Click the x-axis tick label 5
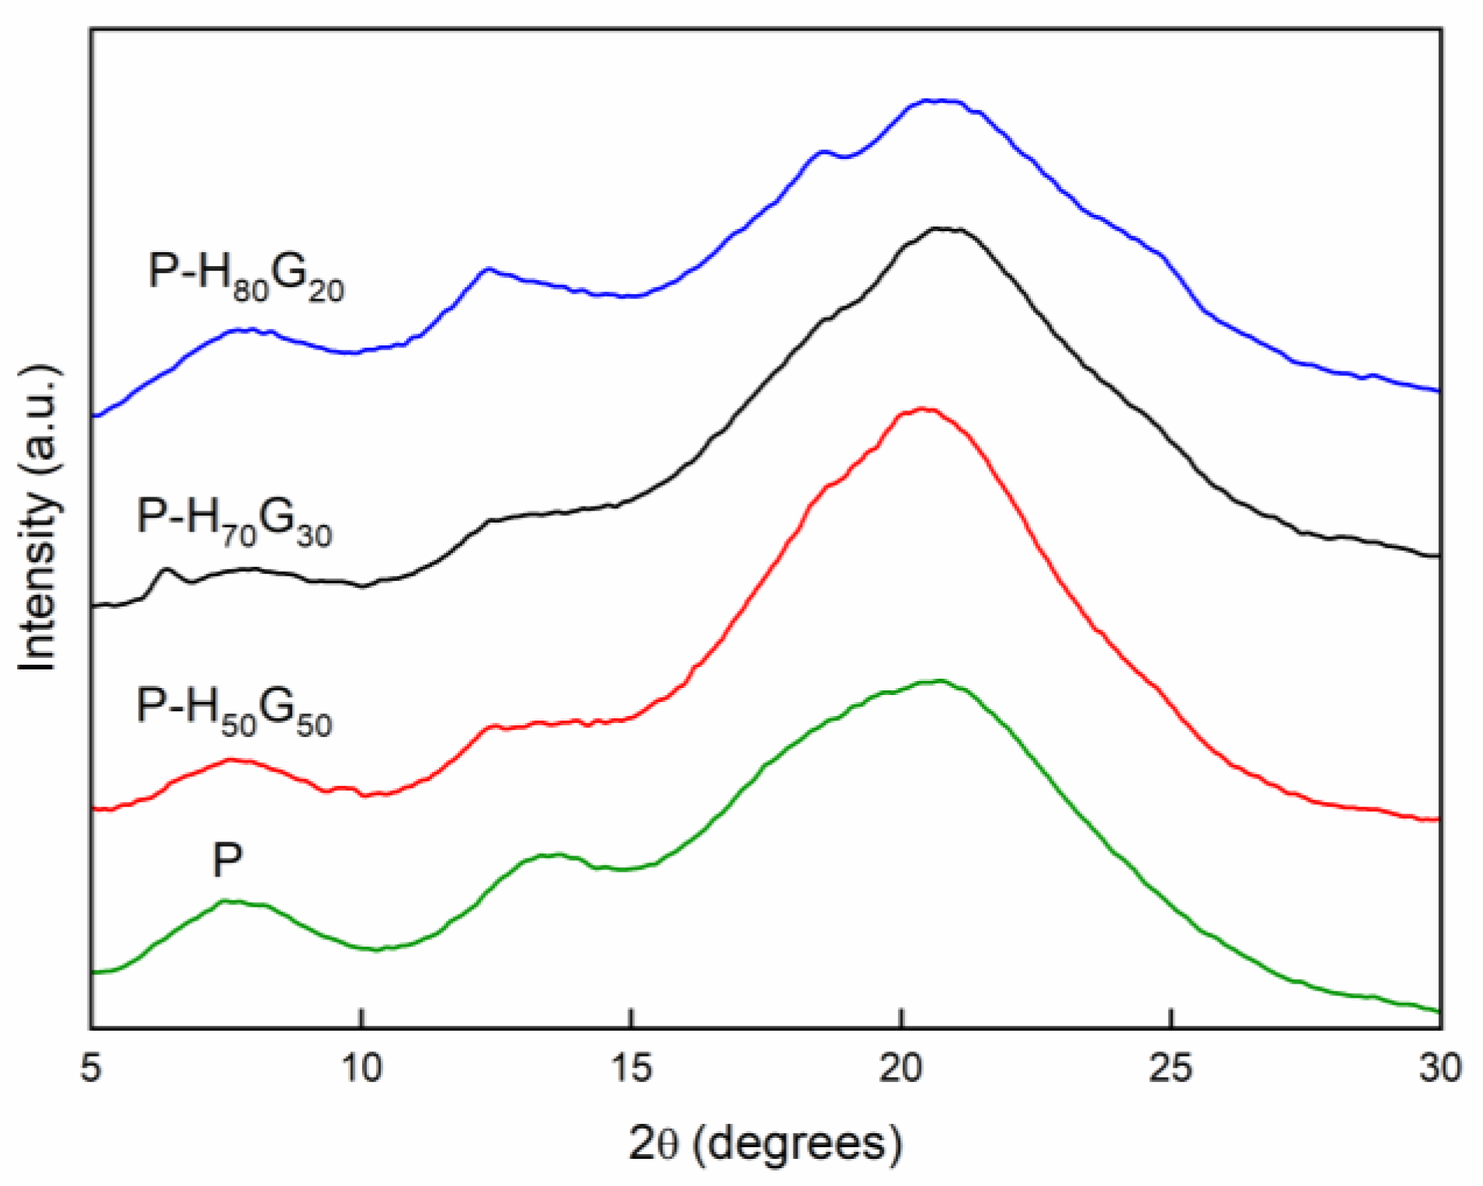91,1068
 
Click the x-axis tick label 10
361,1068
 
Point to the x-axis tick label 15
631,1068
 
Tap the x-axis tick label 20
901,1068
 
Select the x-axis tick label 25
1170,1068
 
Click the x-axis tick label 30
1440,1068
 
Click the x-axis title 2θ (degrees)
766,1143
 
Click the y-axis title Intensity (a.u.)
39,518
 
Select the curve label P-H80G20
246,276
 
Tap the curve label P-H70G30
234,520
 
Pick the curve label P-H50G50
234,711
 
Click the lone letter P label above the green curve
227,860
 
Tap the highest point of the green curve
940,681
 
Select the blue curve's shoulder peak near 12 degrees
487,269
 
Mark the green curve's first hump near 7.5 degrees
226,901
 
